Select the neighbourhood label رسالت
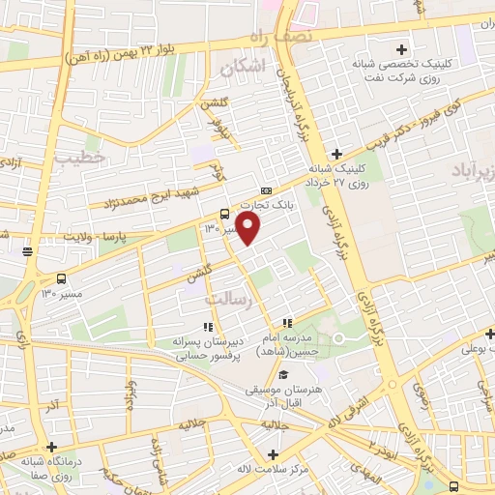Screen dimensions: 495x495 click(x=258, y=302)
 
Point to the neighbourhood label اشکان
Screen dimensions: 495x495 click(x=242, y=68)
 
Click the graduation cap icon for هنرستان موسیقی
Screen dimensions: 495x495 click(x=283, y=376)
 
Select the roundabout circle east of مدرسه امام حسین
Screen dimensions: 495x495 click(x=339, y=337)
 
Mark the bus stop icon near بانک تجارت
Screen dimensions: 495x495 click(x=224, y=215)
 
